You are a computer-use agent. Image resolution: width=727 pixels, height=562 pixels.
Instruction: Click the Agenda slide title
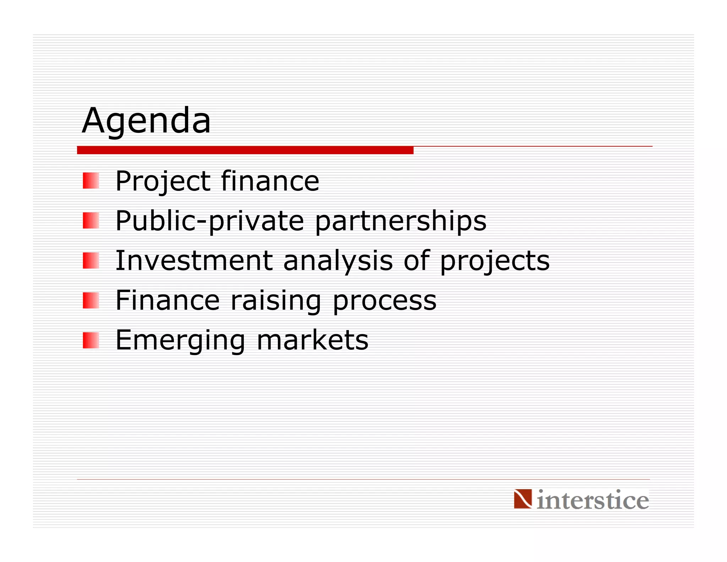coord(146,121)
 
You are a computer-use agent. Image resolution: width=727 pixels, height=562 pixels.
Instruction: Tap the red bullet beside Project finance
coord(91,180)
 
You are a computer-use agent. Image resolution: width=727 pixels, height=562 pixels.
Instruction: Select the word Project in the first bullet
coord(163,181)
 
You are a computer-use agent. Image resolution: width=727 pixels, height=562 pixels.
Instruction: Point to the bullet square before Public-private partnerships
coord(91,220)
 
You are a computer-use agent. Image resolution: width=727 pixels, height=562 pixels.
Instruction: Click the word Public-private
coord(209,221)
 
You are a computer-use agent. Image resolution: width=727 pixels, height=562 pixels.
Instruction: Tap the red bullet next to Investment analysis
coord(91,260)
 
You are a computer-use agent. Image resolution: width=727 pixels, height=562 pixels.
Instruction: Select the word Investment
coord(194,260)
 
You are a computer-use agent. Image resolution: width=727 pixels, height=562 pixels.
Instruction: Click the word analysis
coord(338,261)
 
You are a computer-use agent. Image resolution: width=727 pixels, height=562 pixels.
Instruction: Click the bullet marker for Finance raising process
coord(91,300)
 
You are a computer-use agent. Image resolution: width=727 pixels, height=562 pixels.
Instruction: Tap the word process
coord(384,301)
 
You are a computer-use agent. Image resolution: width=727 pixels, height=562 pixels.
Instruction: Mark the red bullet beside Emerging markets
coord(91,340)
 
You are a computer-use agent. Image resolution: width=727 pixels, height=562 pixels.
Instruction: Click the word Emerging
coord(180,340)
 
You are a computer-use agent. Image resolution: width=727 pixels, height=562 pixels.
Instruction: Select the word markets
coord(312,340)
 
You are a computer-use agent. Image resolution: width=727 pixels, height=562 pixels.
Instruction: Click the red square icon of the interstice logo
coord(523,498)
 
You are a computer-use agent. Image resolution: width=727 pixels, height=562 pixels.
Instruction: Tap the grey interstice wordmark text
coord(592,500)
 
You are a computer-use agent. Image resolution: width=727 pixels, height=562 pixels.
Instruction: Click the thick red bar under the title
coord(245,150)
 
